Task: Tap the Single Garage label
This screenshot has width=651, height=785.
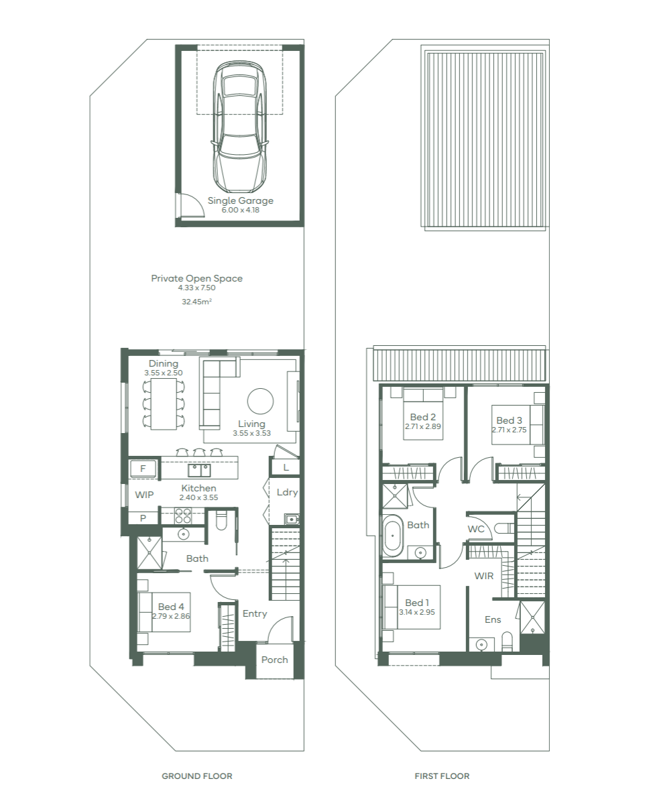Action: coord(241,200)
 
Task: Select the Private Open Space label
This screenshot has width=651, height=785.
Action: coord(197,278)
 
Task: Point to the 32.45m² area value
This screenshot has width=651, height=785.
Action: coord(196,302)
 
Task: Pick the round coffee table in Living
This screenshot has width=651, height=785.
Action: coord(260,400)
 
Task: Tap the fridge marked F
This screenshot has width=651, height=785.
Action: coord(143,469)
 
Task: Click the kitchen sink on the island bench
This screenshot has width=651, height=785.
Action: coord(199,470)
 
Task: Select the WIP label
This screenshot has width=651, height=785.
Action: coord(144,495)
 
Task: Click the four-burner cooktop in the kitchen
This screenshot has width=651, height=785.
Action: coord(182,516)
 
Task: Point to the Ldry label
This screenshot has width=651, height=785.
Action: coord(287,493)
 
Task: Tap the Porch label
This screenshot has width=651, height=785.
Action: coord(274,660)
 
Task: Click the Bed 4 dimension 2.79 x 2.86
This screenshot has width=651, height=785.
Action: coord(171,616)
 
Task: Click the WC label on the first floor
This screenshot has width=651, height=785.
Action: coord(476,529)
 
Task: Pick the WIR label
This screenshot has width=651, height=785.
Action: coord(484,577)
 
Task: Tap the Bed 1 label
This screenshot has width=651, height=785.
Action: coord(417,603)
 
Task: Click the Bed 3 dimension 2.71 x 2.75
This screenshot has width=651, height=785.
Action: coord(510,430)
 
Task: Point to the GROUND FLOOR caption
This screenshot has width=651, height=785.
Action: coord(197,776)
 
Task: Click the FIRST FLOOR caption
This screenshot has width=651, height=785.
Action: coord(442,776)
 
